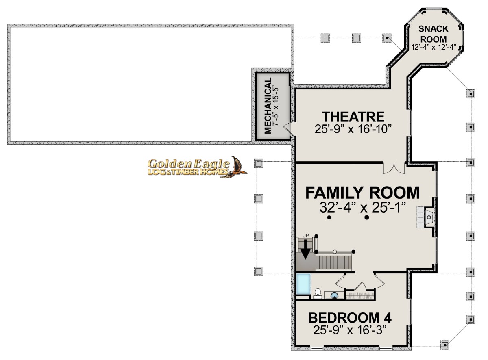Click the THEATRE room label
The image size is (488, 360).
pos(353,117)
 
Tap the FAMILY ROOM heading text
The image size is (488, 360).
pos(362,193)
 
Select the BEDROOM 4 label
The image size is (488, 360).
pos(350,318)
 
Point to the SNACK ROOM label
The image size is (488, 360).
pos(433,34)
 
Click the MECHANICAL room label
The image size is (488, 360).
pos(268,106)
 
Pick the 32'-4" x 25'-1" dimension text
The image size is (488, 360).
pos(362,207)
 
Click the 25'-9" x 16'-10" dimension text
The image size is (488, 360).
pos(353,129)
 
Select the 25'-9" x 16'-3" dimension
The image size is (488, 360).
pos(350,330)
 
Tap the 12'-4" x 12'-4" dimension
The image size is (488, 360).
pos(434,47)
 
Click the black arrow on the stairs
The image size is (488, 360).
pos(305,249)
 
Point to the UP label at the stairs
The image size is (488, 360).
pos(305,236)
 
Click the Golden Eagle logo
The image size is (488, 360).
pos(197,167)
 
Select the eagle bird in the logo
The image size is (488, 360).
pos(236,167)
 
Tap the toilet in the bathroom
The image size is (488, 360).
pos(318,294)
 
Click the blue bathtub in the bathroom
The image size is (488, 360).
pos(303,284)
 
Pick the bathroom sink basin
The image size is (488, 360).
pos(334,295)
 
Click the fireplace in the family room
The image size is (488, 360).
pos(425,217)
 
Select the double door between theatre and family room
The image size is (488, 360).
pos(394,168)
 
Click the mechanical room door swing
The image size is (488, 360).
pos(288,129)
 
